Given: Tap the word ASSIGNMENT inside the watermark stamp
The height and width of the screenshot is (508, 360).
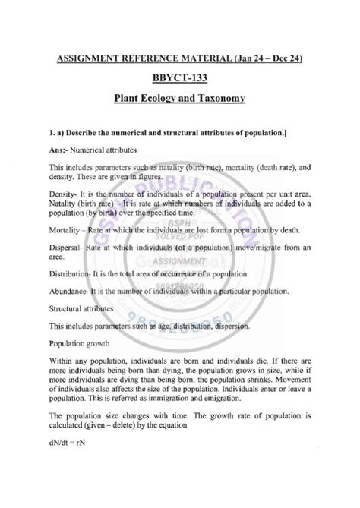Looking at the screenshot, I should click(x=182, y=262).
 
